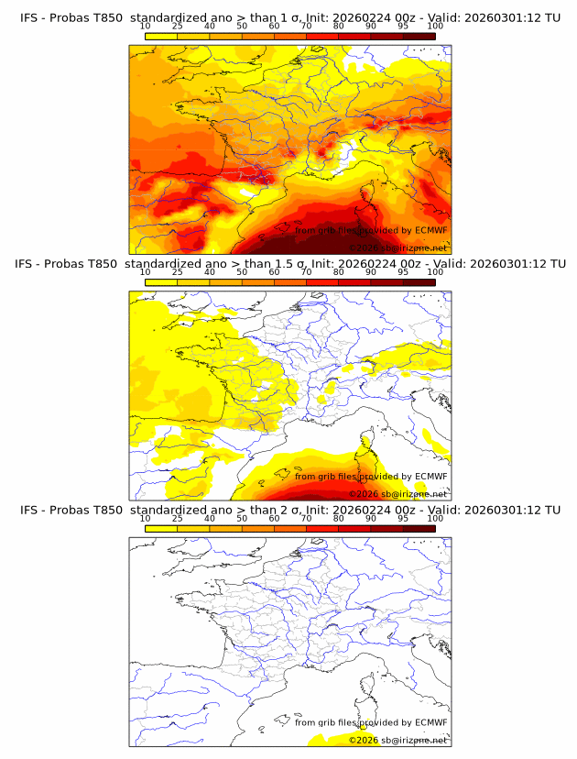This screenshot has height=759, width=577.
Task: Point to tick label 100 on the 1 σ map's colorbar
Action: click(435, 26)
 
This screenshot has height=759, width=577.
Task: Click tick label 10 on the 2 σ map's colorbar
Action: click(145, 518)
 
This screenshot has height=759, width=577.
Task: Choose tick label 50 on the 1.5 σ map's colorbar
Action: click(242, 272)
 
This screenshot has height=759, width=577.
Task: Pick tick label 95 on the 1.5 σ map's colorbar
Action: click(403, 272)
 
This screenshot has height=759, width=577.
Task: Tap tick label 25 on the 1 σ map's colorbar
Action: click(177, 26)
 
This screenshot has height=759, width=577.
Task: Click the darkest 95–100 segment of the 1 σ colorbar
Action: click(419, 36)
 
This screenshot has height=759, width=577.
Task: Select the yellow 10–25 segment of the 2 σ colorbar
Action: click(161, 528)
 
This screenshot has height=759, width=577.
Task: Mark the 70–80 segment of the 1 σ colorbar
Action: click(322, 36)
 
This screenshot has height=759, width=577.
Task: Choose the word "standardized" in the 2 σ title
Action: click(169, 510)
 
